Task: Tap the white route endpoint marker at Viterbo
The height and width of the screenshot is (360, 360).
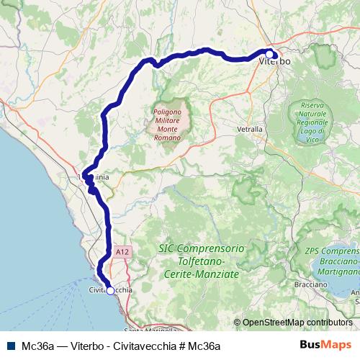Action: pyautogui.click(x=269, y=54)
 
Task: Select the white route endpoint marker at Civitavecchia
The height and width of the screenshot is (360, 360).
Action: pyautogui.click(x=110, y=291)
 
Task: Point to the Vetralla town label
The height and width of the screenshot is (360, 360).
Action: pyautogui.click(x=250, y=129)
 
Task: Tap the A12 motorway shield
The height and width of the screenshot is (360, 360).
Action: pyautogui.click(x=122, y=251)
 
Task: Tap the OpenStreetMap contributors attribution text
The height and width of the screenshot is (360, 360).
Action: pyautogui.click(x=297, y=323)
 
